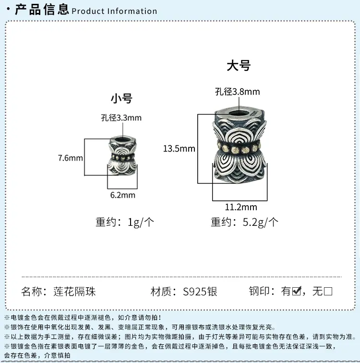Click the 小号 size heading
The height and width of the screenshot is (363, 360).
tap(121, 98)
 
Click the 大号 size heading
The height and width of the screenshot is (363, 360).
tap(239, 66)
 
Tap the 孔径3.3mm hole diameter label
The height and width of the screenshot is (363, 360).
tap(121, 117)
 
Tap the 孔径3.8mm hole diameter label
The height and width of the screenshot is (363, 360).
tap(238, 92)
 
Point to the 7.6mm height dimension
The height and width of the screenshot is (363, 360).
tap(71, 158)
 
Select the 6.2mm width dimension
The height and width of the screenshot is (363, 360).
tap(123, 195)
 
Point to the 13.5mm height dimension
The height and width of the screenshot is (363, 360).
tap(179, 148)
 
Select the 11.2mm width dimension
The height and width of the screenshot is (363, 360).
tap(241, 207)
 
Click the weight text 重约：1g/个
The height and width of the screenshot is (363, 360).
tap(125, 222)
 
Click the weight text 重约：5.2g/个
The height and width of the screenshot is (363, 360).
tap(245, 222)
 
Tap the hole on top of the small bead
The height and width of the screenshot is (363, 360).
tap(122, 140)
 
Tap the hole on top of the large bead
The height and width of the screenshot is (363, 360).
tap(240, 113)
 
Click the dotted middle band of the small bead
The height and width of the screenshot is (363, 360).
tap(123, 156)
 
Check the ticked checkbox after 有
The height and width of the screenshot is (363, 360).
tap(297, 291)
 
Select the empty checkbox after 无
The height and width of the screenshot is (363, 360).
tap(328, 291)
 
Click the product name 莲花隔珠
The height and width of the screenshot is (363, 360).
tap(74, 292)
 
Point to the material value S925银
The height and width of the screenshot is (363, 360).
tap(200, 292)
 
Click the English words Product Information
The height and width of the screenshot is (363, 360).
tap(114, 11)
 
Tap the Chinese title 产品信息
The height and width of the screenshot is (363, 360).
tap(42, 10)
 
